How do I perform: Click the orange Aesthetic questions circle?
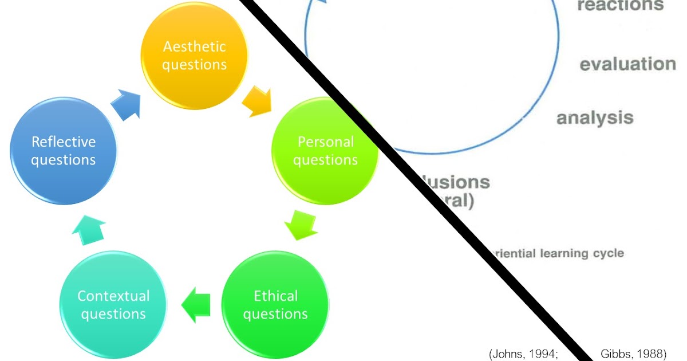194,56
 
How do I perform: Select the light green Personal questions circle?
325,151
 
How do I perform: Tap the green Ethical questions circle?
275,305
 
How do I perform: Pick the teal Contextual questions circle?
113,305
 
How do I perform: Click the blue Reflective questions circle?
63,151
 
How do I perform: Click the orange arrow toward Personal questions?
256,101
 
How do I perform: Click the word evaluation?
627,64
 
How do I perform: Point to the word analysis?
595,118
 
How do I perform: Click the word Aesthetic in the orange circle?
194,46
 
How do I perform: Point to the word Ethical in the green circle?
275,296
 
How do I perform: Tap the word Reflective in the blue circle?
63,142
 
